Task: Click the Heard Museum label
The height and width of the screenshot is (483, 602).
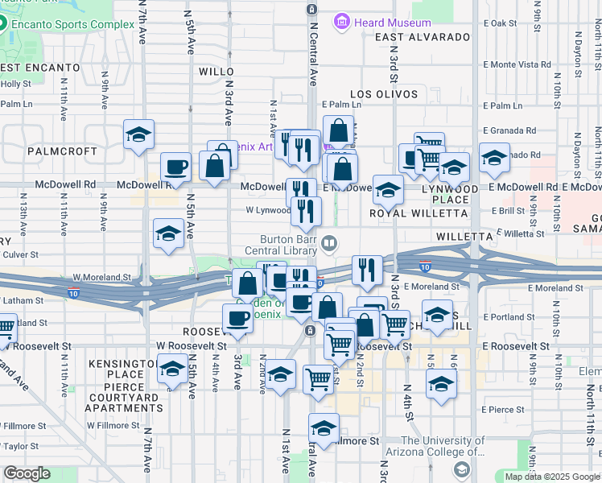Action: [x=393, y=23]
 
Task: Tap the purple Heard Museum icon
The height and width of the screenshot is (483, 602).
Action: [x=344, y=22]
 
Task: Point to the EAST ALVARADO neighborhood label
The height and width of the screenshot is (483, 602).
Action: [x=422, y=37]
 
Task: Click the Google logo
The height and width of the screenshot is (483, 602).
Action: [x=27, y=473]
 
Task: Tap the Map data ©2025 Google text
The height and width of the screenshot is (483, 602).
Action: [x=551, y=477]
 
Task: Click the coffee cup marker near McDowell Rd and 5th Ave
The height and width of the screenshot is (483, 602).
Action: [x=176, y=167]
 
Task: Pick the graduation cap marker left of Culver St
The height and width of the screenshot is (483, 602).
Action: [x=168, y=233]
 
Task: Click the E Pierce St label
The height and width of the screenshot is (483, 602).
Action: [x=503, y=410]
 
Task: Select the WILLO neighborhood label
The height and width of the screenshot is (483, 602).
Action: [x=215, y=72]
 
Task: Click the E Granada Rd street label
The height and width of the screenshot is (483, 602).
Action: [x=509, y=130]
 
